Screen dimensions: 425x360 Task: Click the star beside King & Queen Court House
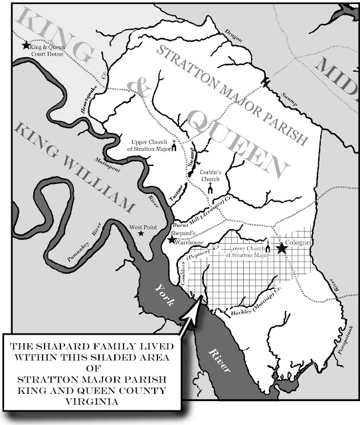[x=26, y=45]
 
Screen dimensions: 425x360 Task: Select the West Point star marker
[x=139, y=233]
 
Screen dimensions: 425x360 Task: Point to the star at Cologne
[x=282, y=248]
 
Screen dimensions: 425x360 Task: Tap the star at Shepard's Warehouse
[x=171, y=240]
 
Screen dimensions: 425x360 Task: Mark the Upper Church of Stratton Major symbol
[x=174, y=147]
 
